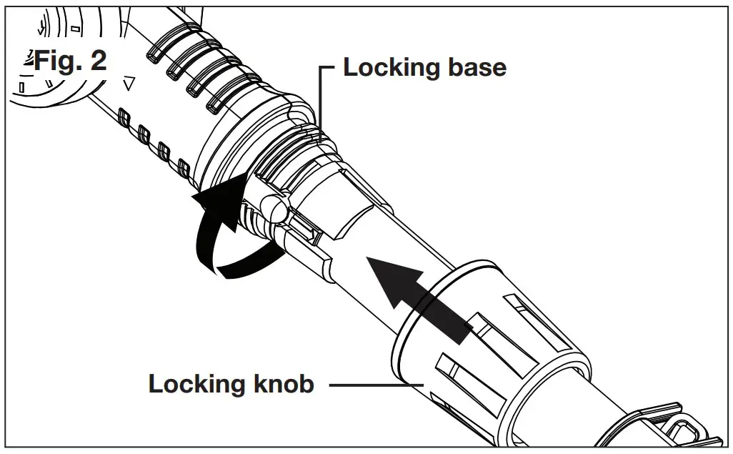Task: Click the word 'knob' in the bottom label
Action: tap(285, 384)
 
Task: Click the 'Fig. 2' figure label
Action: tap(69, 60)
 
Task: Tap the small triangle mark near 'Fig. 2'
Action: tap(129, 84)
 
